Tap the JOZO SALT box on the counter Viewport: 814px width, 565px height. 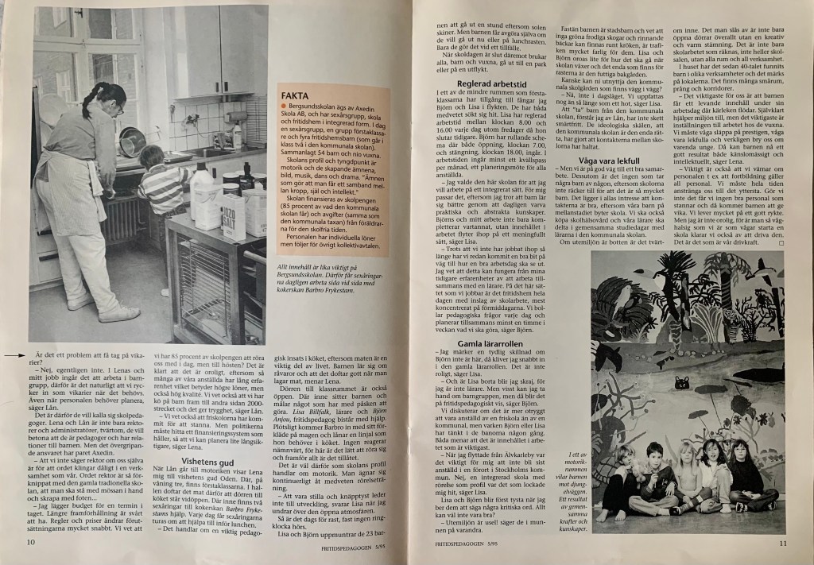234,217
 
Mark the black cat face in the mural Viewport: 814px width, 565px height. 681,384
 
